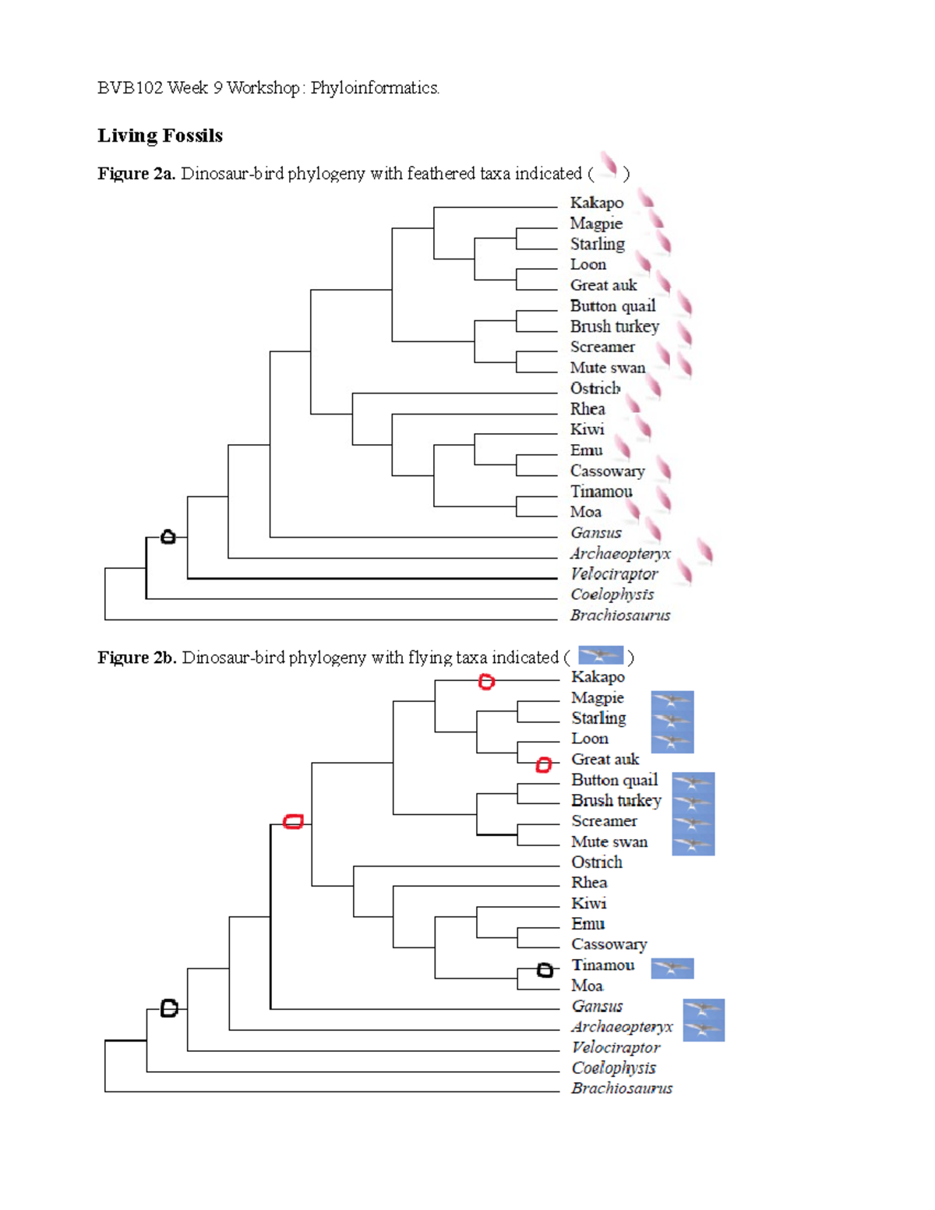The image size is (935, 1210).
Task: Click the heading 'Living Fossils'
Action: [x=160, y=136]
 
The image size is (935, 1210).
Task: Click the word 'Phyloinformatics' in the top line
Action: [x=374, y=88]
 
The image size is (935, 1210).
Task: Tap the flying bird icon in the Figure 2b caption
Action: [x=600, y=655]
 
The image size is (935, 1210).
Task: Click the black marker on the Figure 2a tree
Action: [x=168, y=537]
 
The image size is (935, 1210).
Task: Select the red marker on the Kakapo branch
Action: [x=486, y=682]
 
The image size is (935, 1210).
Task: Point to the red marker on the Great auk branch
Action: [x=544, y=765]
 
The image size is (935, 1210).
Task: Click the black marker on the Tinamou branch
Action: [x=545, y=970]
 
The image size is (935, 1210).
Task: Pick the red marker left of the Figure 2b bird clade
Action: [x=293, y=821]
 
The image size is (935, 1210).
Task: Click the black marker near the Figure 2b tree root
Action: [x=169, y=1008]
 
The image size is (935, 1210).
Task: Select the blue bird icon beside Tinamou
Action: [x=672, y=968]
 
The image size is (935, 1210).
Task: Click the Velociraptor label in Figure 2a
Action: [x=614, y=574]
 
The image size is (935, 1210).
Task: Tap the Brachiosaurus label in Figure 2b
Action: [x=621, y=1088]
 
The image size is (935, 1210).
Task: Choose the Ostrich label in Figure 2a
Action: [x=595, y=388]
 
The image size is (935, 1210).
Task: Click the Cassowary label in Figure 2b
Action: [x=609, y=944]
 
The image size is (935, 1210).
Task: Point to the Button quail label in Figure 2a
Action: [x=612, y=306]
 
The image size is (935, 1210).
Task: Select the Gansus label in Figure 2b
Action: [x=597, y=1007]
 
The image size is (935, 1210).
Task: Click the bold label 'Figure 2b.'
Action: [x=136, y=658]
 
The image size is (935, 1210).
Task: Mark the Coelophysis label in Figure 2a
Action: [x=612, y=594]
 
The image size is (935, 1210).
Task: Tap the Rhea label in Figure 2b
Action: [x=589, y=883]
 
